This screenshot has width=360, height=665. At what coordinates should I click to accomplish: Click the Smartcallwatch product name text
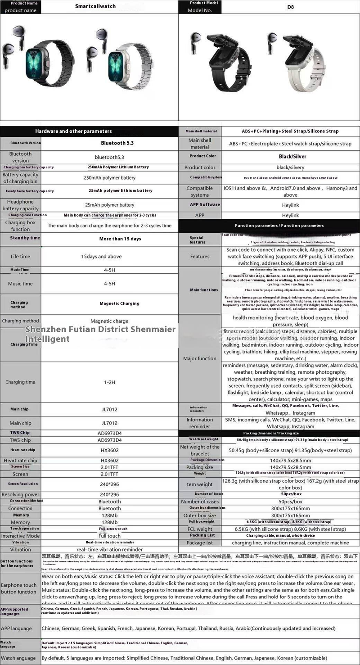point(95,6)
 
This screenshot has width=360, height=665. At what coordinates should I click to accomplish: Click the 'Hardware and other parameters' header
point(73,131)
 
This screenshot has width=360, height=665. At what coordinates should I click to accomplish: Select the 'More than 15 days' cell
point(120,239)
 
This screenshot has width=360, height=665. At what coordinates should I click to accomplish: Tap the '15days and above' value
point(101,257)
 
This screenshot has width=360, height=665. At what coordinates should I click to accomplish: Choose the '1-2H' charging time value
point(110,382)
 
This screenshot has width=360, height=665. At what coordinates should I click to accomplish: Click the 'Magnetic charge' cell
point(109,321)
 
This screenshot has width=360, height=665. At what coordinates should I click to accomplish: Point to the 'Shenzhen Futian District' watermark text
point(100,334)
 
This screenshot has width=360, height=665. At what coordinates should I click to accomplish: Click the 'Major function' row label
point(200,358)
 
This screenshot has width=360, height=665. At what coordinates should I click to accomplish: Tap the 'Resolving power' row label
point(20,494)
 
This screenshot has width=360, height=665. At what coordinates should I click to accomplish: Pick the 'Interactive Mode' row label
point(20,536)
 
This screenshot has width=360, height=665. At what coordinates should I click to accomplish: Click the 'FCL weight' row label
point(200,529)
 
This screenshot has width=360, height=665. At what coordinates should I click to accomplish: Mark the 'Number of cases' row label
point(200,502)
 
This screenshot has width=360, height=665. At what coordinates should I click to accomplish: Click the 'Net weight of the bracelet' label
point(200,450)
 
